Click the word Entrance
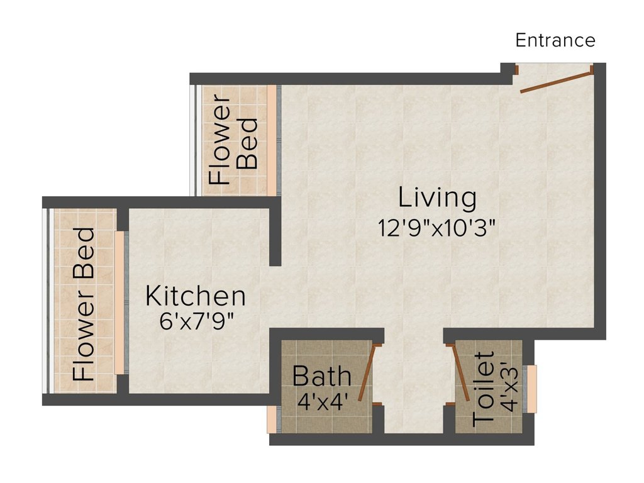(555, 40)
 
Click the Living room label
(438, 197)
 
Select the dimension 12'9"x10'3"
(437, 228)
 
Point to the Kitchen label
(196, 296)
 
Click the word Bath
(321, 376)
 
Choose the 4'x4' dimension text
(323, 402)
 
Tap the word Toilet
(483, 389)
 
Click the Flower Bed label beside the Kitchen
(84, 304)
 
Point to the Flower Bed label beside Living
(233, 140)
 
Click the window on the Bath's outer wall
(274, 419)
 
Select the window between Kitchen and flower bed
(121, 303)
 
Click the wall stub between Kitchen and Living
(275, 237)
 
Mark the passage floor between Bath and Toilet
(414, 382)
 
